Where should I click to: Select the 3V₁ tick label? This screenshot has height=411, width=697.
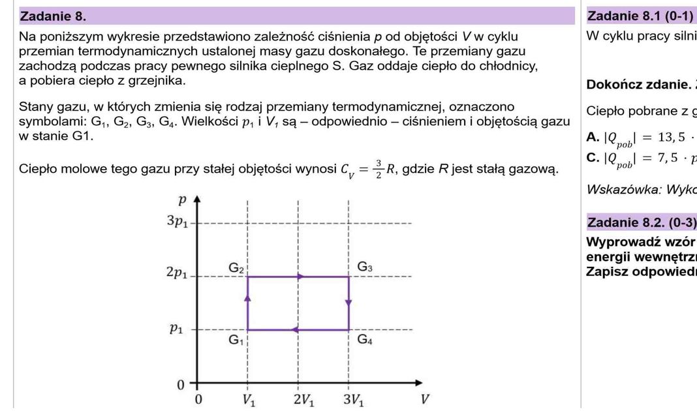[355, 399]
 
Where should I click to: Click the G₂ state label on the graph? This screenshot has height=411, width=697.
[236, 267]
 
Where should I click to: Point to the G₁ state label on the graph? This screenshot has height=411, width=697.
[236, 339]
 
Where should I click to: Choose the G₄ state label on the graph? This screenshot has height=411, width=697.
[365, 339]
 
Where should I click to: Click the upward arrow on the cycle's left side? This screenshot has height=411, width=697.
[247, 297]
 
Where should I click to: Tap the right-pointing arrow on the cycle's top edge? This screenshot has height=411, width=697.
[300, 277]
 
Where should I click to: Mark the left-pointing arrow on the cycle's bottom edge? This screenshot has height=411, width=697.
[295, 329]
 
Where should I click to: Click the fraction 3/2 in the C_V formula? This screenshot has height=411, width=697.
[378, 170]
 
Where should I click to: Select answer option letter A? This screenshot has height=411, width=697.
[591, 137]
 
